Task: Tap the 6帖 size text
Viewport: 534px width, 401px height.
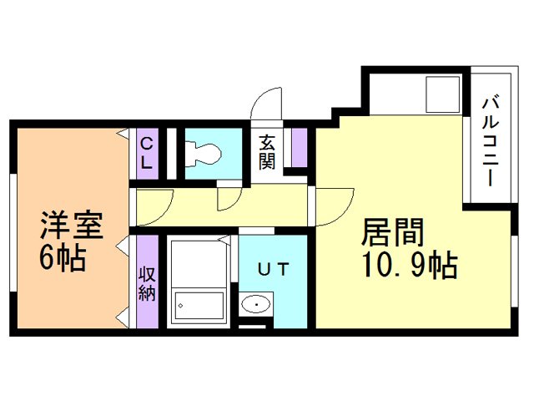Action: coord(63,258)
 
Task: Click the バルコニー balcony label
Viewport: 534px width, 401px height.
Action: coord(491,142)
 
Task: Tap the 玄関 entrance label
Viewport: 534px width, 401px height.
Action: coord(267,151)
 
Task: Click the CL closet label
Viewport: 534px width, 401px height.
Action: coord(146,154)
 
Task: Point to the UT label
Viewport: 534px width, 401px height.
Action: coord(272,269)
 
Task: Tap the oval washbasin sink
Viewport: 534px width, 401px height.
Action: coord(255,305)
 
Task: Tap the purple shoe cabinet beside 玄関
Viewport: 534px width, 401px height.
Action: coord(298,149)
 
